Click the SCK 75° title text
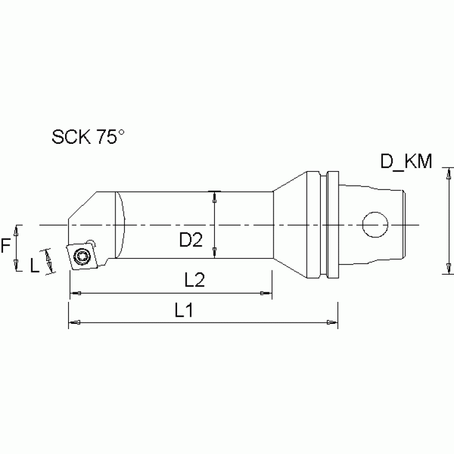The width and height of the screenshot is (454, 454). [x=88, y=137]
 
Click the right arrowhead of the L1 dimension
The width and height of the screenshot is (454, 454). [x=333, y=322]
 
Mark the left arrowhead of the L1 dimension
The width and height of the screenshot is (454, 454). [x=74, y=322]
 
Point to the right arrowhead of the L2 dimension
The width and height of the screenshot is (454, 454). [x=267, y=293]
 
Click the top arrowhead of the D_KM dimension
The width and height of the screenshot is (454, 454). [x=445, y=172]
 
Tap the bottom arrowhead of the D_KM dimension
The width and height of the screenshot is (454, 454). [x=445, y=270]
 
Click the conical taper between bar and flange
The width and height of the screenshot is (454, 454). [x=289, y=225]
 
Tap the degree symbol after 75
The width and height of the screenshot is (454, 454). [x=121, y=133]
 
